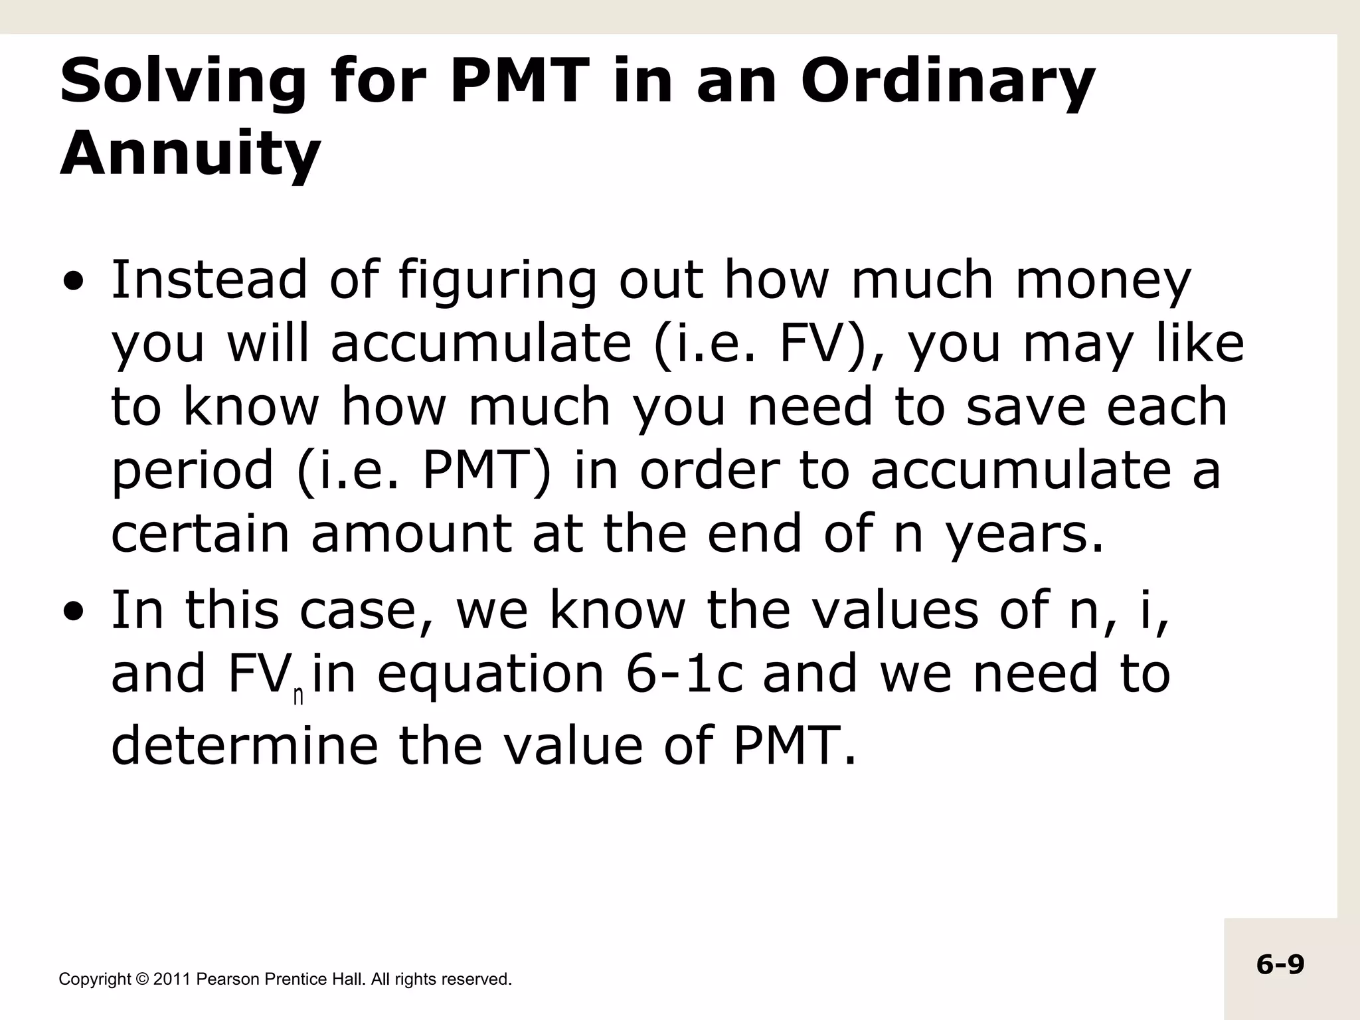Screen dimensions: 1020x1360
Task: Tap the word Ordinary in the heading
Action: click(948, 82)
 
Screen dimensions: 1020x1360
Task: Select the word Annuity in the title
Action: click(191, 154)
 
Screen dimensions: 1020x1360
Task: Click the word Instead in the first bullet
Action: click(209, 280)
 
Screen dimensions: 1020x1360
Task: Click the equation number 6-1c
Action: click(683, 673)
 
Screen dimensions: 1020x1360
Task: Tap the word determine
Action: click(244, 745)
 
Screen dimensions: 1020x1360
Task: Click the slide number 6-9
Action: click(1280, 964)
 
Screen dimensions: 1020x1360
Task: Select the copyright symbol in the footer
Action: click(141, 979)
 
